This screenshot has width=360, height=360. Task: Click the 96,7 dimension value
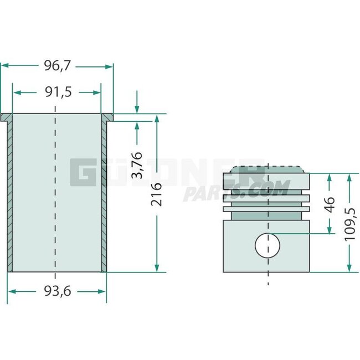pos(58,66)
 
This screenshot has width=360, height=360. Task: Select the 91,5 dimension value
pos(58,92)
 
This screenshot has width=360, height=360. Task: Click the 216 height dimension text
pos(157,194)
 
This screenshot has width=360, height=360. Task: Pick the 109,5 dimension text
pos(349,223)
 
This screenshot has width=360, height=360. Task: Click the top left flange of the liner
pos(7,117)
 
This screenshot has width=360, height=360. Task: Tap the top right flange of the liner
pos(107,117)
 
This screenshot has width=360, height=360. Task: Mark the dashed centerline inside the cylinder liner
pos(55,194)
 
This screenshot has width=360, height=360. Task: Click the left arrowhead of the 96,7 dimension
pos(4,66)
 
